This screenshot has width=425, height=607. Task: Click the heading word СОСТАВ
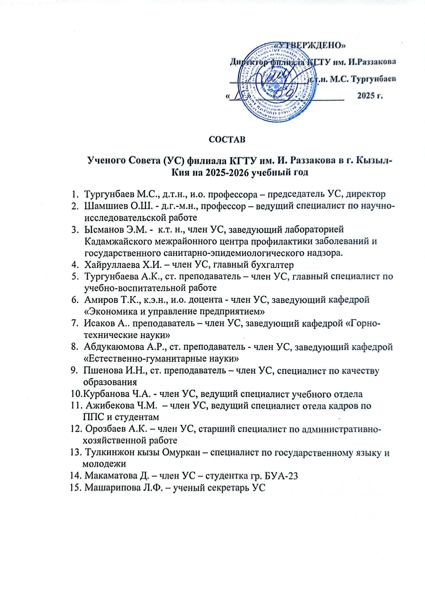pos(227,140)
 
